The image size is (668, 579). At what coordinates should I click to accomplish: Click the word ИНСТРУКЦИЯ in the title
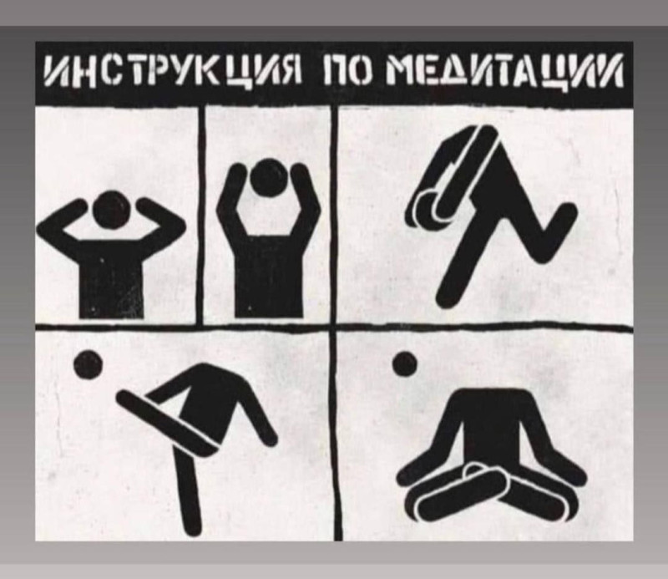point(172,72)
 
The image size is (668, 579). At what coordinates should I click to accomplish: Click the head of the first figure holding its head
point(111,210)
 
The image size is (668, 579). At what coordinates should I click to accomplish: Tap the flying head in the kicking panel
point(89,364)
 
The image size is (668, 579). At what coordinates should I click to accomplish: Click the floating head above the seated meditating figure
point(405,363)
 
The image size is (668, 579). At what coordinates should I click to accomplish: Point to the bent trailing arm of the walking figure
point(544,231)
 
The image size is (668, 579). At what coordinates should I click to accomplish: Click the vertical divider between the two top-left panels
point(201,216)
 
